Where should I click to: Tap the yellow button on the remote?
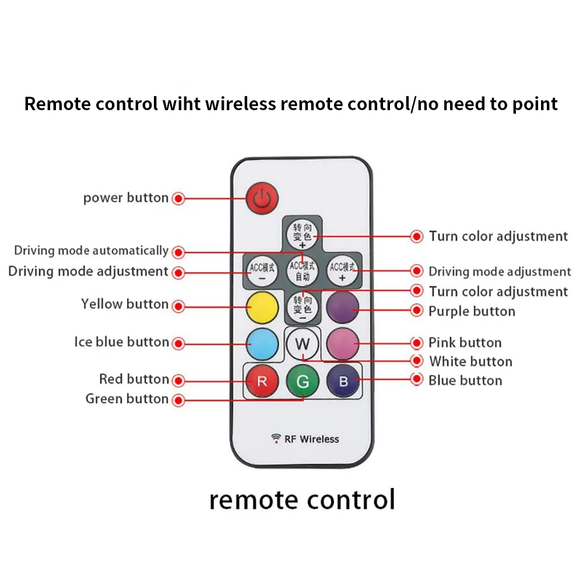coord(261,306)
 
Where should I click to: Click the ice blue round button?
coord(261,343)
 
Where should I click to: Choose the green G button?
coord(303,382)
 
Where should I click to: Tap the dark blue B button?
coord(343,382)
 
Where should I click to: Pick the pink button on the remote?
coord(342,343)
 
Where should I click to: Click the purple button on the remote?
coord(342,306)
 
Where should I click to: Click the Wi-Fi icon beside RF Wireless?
coord(276,438)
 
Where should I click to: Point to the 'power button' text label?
coord(125,198)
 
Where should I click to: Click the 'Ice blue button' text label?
coord(121,342)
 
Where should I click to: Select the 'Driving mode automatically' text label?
coord(91,251)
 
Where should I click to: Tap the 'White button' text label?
coord(470,361)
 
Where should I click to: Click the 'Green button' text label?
coord(127,399)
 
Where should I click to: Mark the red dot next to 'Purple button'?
coord(417,311)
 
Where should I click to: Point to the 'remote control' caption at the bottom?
coord(302,500)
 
